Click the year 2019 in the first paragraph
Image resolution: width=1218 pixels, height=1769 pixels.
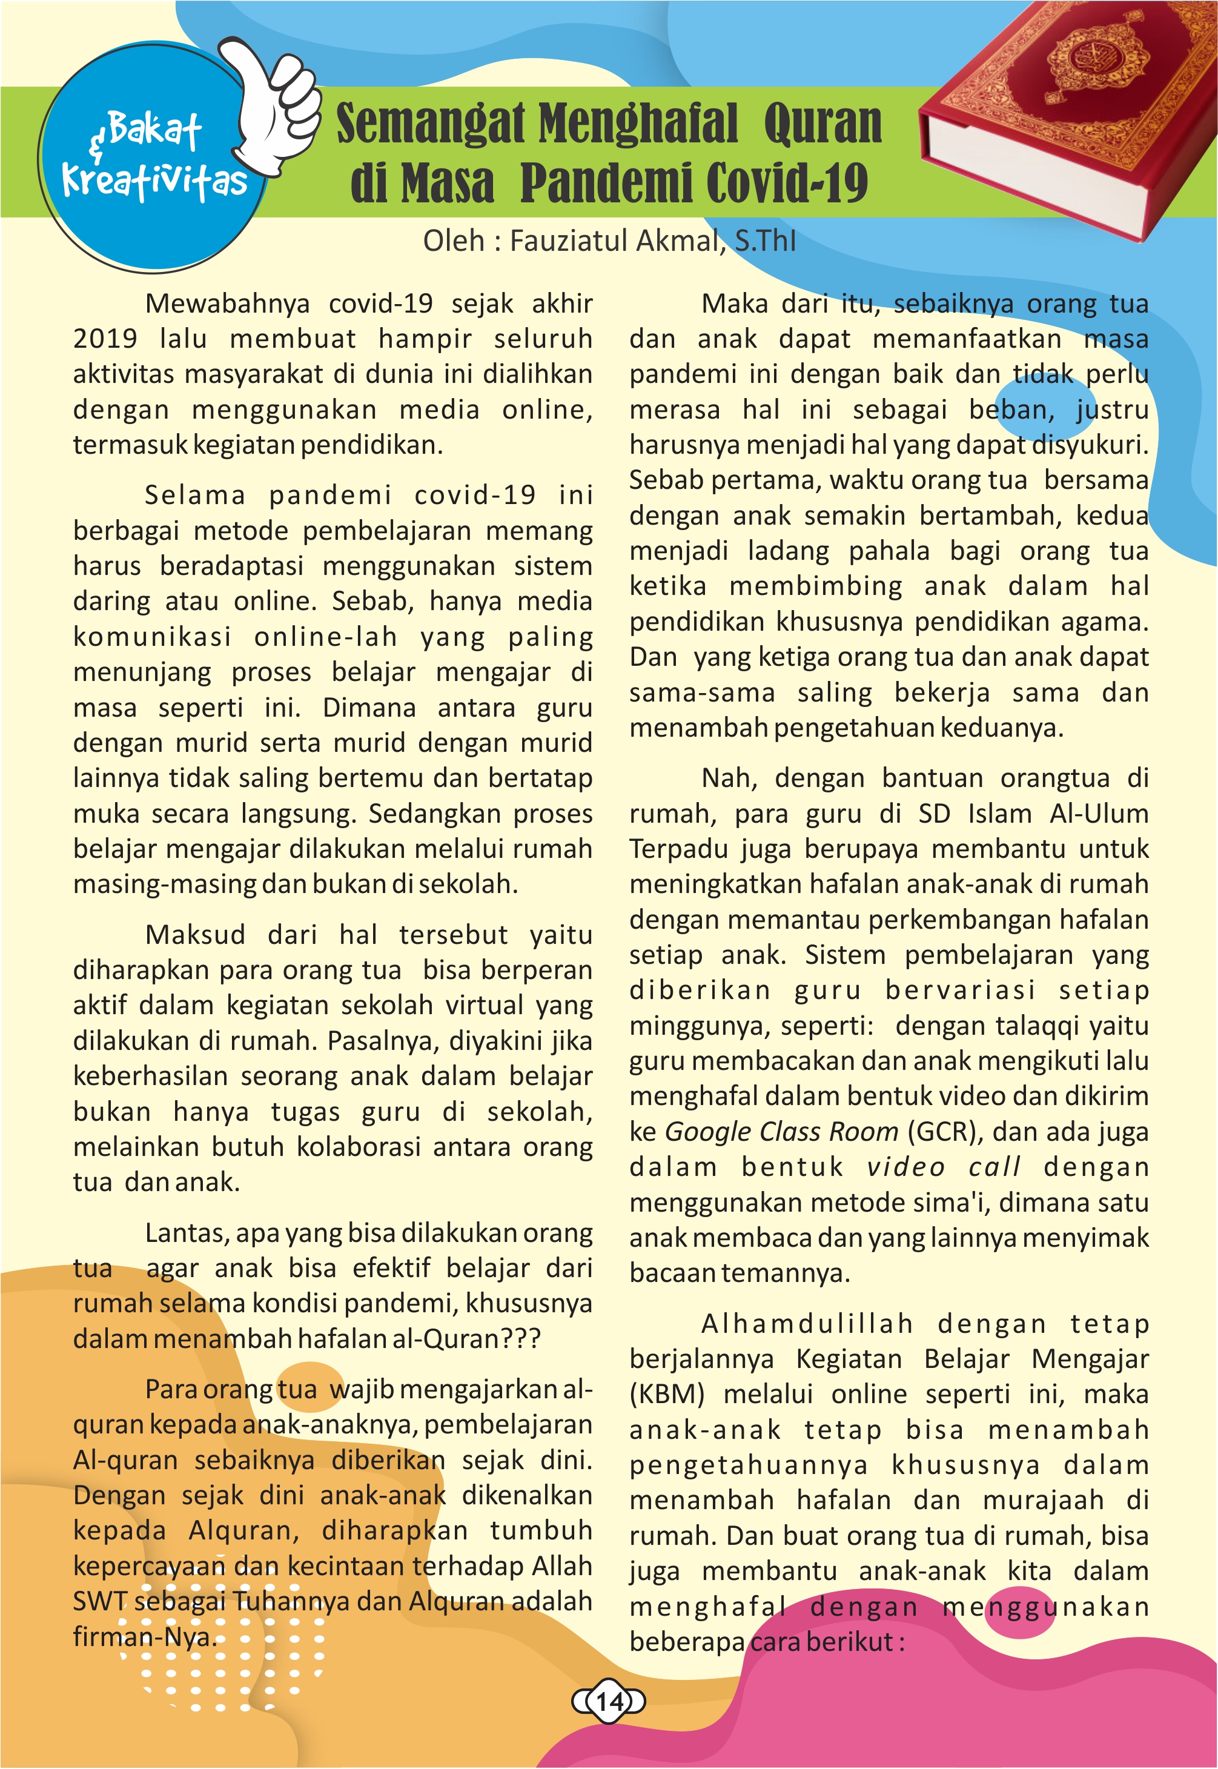pyautogui.click(x=105, y=338)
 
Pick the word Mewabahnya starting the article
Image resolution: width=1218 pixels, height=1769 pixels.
pyautogui.click(x=227, y=303)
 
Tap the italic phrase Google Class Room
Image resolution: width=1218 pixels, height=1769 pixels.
pyautogui.click(x=781, y=1131)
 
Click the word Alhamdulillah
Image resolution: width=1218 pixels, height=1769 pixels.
pyautogui.click(x=807, y=1323)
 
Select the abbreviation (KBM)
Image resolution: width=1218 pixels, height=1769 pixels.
pyautogui.click(x=666, y=1393)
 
